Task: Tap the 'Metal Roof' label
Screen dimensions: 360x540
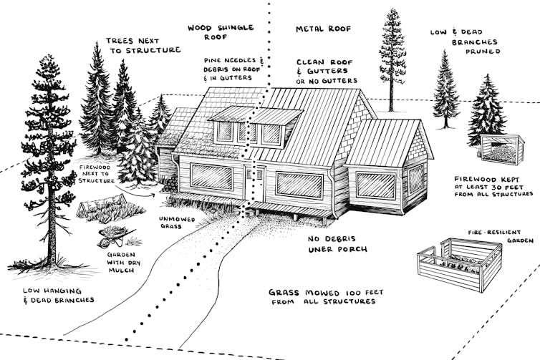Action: [x=322, y=29]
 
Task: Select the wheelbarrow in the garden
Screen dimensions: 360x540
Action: [x=115, y=235]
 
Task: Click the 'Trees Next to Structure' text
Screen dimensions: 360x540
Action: [x=143, y=45]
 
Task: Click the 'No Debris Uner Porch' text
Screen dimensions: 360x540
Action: [x=317, y=244]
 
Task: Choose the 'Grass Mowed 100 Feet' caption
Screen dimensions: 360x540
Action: [x=322, y=297]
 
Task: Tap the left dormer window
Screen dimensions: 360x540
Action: [x=225, y=132]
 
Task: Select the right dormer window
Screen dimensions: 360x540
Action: [x=271, y=134]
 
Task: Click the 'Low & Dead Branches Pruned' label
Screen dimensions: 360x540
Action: [x=464, y=42]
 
